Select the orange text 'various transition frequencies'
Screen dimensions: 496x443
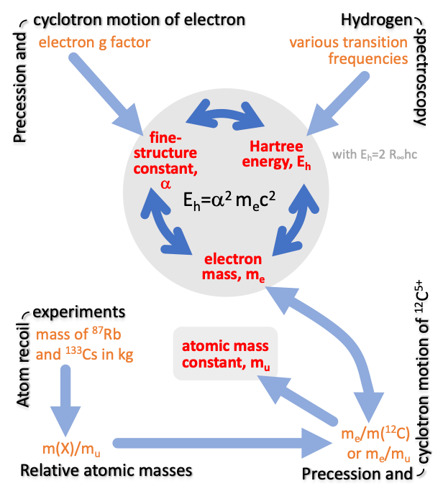click(348, 50)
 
